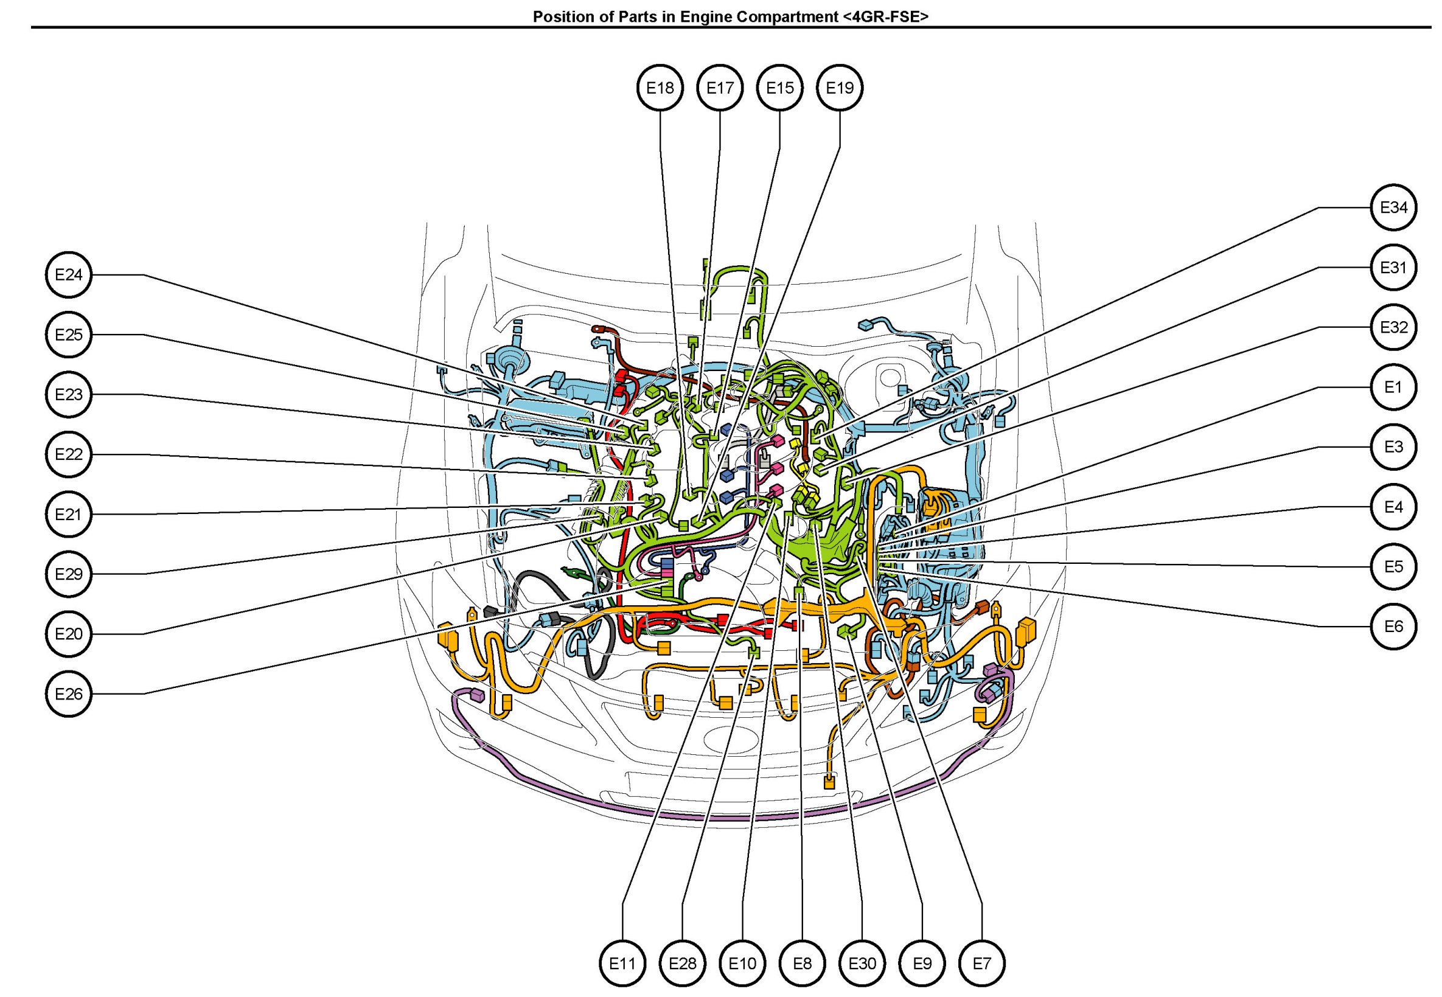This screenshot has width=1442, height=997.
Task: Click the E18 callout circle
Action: click(660, 88)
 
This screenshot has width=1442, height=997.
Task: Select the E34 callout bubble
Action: click(1393, 207)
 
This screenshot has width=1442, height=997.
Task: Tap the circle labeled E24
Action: click(69, 275)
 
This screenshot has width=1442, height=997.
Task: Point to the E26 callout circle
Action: click(69, 694)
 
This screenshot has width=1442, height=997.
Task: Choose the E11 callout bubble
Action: click(622, 964)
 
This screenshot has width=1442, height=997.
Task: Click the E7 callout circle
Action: click(981, 964)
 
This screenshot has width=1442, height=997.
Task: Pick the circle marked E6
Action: click(1393, 627)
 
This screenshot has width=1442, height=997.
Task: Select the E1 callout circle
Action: click(1393, 387)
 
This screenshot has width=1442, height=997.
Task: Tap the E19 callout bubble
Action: click(840, 88)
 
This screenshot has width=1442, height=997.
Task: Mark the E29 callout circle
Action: click(69, 574)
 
